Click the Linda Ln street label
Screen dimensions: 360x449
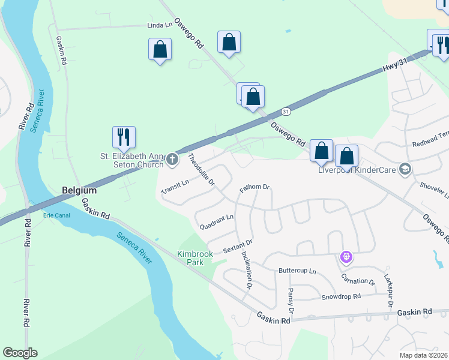160,26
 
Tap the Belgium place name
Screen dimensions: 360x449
79,190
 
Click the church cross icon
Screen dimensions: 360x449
172,159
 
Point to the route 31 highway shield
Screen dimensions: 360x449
286,112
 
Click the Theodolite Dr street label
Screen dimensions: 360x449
202,170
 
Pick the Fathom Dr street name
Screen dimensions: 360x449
255,187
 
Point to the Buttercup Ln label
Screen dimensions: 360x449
297,271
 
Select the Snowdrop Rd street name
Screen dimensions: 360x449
340,296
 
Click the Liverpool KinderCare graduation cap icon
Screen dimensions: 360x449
405,169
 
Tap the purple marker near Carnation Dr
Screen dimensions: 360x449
346,257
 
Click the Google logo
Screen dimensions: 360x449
20,353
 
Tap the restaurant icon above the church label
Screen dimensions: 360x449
124,137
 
